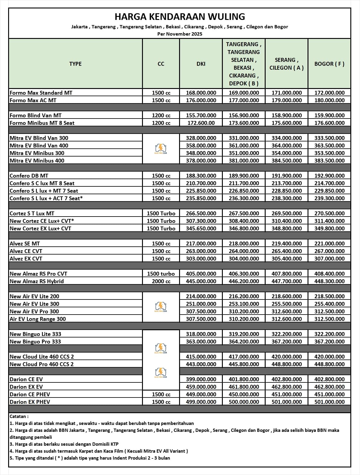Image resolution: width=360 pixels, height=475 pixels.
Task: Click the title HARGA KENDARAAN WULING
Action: click(x=180, y=16)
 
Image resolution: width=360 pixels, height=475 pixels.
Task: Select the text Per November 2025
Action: click(x=180, y=34)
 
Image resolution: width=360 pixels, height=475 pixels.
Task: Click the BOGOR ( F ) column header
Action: click(x=329, y=64)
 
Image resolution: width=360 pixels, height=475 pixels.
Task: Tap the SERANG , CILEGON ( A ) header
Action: click(x=286, y=64)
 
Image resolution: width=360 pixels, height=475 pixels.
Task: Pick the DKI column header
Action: click(x=201, y=64)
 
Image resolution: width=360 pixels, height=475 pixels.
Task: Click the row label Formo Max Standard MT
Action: click(x=41, y=93)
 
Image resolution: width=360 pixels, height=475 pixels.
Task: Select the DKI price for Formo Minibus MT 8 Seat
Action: click(x=201, y=123)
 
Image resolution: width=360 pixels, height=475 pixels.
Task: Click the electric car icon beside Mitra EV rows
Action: click(x=161, y=149)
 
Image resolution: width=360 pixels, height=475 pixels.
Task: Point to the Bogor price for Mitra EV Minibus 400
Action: click(x=329, y=160)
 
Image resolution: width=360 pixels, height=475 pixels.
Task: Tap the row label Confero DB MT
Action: click(x=29, y=176)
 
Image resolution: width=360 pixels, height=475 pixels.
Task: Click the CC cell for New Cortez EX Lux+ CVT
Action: click(x=161, y=228)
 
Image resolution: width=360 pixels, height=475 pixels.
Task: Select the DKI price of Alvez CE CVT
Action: click(x=201, y=251)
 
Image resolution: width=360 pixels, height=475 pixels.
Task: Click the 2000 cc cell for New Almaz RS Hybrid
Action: click(x=161, y=281)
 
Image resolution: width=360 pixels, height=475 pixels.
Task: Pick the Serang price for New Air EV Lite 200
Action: click(x=286, y=296)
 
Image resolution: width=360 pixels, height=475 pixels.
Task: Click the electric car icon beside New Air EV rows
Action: click(x=161, y=307)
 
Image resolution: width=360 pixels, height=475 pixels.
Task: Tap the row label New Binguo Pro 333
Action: click(x=35, y=341)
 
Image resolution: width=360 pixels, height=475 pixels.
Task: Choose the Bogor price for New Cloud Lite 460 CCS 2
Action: click(x=329, y=356)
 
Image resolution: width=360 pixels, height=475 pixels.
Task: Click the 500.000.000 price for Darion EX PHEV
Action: click(x=244, y=402)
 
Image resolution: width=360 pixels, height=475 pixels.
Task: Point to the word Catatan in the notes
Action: click(x=19, y=416)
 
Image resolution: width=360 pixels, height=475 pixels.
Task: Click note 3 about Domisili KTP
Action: click(x=64, y=444)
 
